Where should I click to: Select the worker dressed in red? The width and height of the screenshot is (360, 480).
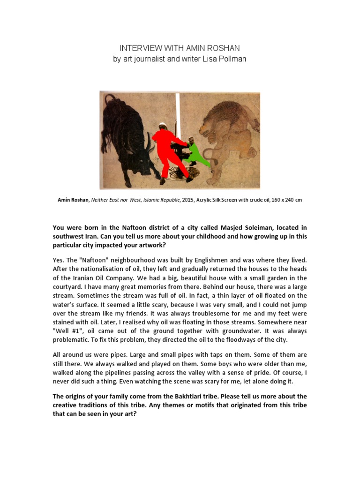coord(170,150)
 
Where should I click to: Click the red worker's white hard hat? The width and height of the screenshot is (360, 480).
coord(163,125)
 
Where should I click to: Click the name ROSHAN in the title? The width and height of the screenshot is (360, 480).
coord(225,48)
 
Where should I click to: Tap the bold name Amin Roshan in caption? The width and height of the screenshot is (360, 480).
coord(73,200)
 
